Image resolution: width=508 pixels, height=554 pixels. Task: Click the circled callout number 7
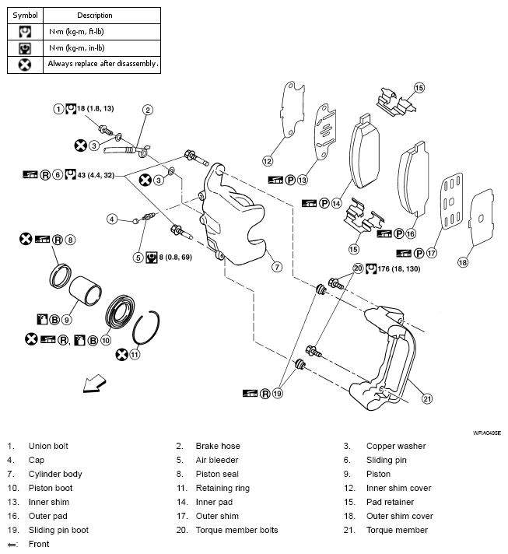pos(276,266)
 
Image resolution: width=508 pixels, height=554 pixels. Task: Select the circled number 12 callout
pos(268,161)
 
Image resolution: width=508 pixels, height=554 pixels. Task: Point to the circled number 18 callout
pos(463,262)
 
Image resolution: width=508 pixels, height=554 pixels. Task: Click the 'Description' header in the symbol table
pos(94,15)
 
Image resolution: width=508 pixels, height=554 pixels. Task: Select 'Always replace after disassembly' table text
pos(103,64)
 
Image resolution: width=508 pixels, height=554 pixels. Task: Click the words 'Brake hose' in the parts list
pos(218,446)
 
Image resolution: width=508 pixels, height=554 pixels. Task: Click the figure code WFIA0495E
pos(485,432)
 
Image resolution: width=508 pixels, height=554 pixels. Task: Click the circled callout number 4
pos(112,219)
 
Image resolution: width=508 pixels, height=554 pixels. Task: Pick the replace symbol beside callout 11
pos(121,354)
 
